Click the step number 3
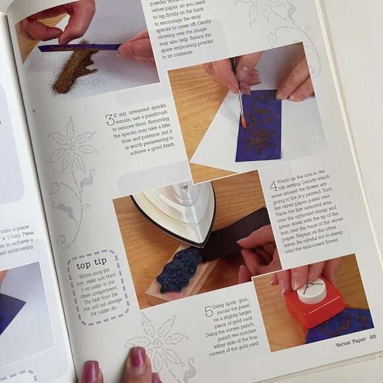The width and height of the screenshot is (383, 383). (x=109, y=120)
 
